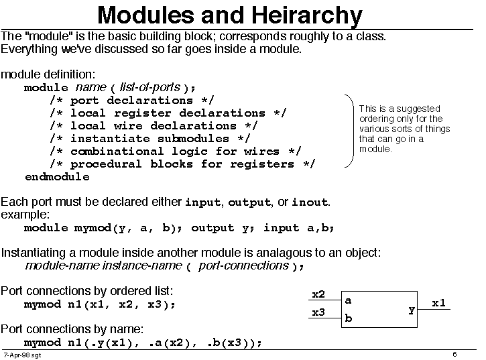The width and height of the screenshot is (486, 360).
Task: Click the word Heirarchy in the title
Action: (x=306, y=15)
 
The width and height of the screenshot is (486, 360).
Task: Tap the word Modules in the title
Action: (x=145, y=15)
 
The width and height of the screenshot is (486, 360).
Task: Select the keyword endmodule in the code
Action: (x=58, y=177)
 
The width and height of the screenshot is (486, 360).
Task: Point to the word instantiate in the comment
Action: (x=111, y=138)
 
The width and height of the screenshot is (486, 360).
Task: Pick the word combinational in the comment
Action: (x=117, y=151)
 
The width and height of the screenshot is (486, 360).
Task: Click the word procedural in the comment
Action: (x=106, y=164)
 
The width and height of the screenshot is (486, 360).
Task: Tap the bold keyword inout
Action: (x=310, y=202)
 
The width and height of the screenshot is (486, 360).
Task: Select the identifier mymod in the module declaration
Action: (x=93, y=228)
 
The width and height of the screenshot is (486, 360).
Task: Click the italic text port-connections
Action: (x=243, y=265)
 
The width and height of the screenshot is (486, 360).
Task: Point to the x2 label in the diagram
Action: (x=318, y=294)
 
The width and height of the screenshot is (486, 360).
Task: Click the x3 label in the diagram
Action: (x=318, y=312)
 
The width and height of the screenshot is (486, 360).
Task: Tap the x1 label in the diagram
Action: (x=438, y=303)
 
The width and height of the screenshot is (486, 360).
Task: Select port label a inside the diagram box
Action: (x=348, y=300)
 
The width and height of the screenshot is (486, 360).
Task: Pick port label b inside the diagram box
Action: (x=349, y=318)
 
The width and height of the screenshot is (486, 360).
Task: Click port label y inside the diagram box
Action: (x=412, y=310)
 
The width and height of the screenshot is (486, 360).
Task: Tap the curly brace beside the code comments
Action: (x=353, y=131)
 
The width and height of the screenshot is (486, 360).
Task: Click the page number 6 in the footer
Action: (x=454, y=354)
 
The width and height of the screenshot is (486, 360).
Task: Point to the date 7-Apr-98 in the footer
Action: (x=17, y=355)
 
